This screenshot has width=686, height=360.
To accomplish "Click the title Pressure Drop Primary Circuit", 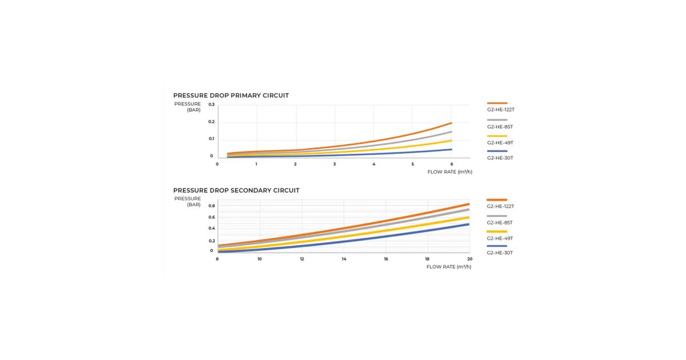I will (231, 95).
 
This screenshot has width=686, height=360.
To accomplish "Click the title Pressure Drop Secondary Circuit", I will (236, 190).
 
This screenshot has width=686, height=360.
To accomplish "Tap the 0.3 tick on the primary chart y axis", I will (212, 105).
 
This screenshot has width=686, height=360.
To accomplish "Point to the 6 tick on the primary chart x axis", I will (452, 164).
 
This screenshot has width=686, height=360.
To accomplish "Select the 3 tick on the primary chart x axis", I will (334, 164).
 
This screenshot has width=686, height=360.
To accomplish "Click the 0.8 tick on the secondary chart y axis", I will (212, 206).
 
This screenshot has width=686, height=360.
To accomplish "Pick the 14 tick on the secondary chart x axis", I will (344, 259).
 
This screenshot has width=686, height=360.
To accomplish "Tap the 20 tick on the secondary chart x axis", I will (470, 259).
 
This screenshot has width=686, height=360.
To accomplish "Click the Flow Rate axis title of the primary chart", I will (449, 171).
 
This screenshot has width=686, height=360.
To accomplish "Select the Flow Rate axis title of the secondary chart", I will (449, 266).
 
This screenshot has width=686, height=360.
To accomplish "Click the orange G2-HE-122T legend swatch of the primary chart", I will (497, 103).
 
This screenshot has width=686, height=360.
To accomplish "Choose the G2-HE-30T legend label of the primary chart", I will (500, 158).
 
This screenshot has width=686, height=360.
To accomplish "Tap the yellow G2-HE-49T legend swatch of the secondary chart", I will (497, 231).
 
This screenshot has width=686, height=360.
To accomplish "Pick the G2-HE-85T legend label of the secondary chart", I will (500, 222).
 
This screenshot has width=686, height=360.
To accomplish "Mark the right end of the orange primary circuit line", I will (452, 123).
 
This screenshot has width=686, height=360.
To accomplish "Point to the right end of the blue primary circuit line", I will (452, 150).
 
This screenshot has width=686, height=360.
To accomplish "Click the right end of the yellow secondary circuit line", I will (469, 217).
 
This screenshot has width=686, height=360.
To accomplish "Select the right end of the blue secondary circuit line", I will (469, 224).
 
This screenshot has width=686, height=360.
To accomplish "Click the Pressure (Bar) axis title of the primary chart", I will (188, 107).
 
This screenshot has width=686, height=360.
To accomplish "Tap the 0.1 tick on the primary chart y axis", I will (212, 139).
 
